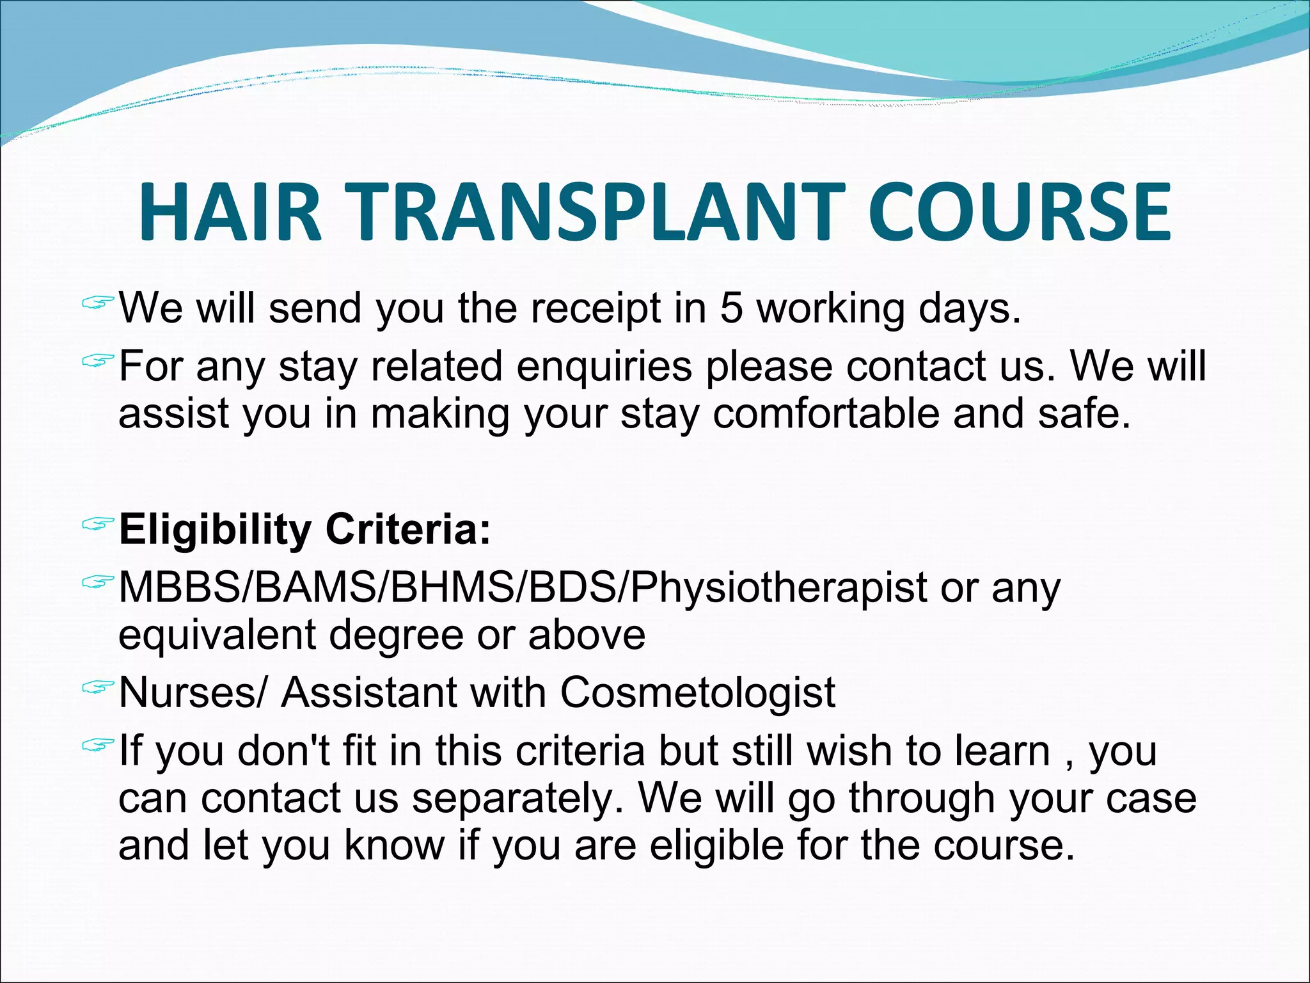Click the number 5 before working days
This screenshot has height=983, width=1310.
coord(731,308)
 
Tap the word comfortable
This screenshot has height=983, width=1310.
coord(826,413)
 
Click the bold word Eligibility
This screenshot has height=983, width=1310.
coord(215,531)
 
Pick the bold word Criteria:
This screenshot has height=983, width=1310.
coord(408,529)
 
